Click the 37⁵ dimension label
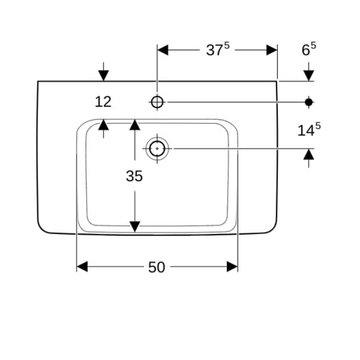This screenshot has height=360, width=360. tap(217, 50)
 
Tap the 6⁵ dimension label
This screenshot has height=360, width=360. tap(309, 49)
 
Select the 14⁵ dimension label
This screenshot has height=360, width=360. tap(309, 130)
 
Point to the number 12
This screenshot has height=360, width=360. tap(103, 102)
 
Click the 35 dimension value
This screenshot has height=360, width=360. tap(134, 176)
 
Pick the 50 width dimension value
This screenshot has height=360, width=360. tap(156, 267)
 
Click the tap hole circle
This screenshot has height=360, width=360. tap(157, 102)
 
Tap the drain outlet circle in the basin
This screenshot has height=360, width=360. tap(157, 148)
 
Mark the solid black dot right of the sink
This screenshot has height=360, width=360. tap(309, 102)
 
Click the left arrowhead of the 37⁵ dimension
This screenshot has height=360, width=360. tap(163, 50)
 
